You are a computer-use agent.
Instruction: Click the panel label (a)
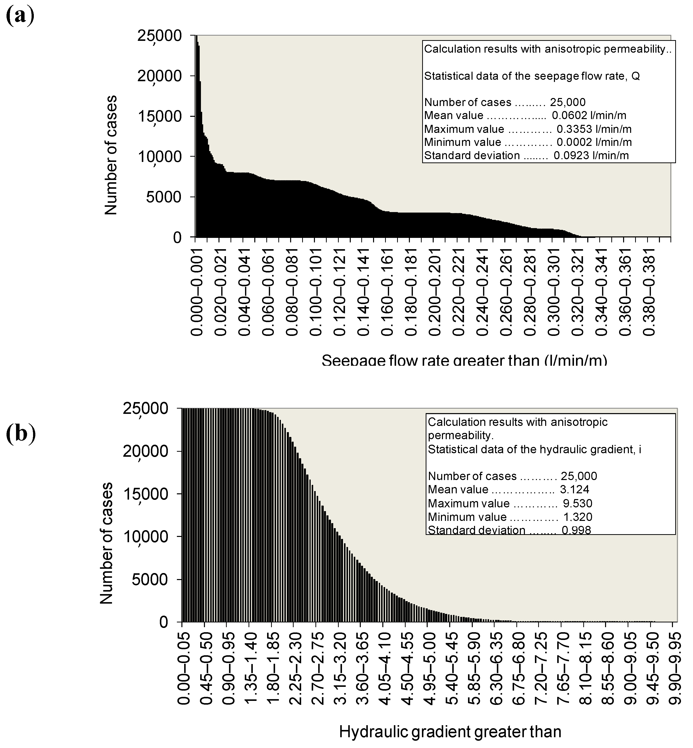click(x=20, y=15)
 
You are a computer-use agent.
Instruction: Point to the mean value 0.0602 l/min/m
click(x=589, y=116)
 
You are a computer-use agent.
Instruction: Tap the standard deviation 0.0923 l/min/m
click(x=591, y=155)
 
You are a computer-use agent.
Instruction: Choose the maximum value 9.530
click(x=577, y=503)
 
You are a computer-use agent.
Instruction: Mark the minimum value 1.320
click(x=577, y=517)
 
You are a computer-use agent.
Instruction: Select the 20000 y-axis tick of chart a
click(x=159, y=76)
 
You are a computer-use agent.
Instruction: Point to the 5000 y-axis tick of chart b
click(x=149, y=580)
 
